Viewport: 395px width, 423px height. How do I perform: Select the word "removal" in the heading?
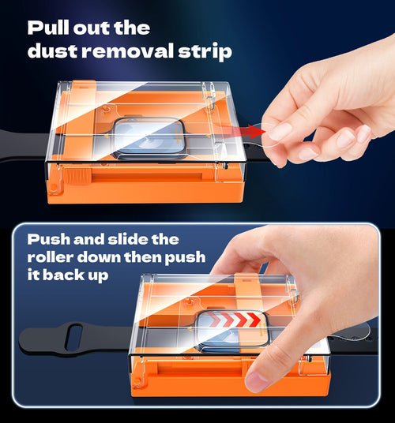click(x=128, y=51)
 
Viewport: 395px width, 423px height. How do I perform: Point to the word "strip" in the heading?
click(x=205, y=52)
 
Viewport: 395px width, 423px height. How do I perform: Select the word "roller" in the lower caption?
click(x=51, y=257)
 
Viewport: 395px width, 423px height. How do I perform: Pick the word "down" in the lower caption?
click(x=99, y=257)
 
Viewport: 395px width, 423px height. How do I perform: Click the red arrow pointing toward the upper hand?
click(x=244, y=132)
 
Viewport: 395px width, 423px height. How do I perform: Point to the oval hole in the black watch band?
click(x=74, y=338)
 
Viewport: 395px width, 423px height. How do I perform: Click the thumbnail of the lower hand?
click(x=257, y=382)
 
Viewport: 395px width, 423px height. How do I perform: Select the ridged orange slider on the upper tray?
click(x=77, y=176)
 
